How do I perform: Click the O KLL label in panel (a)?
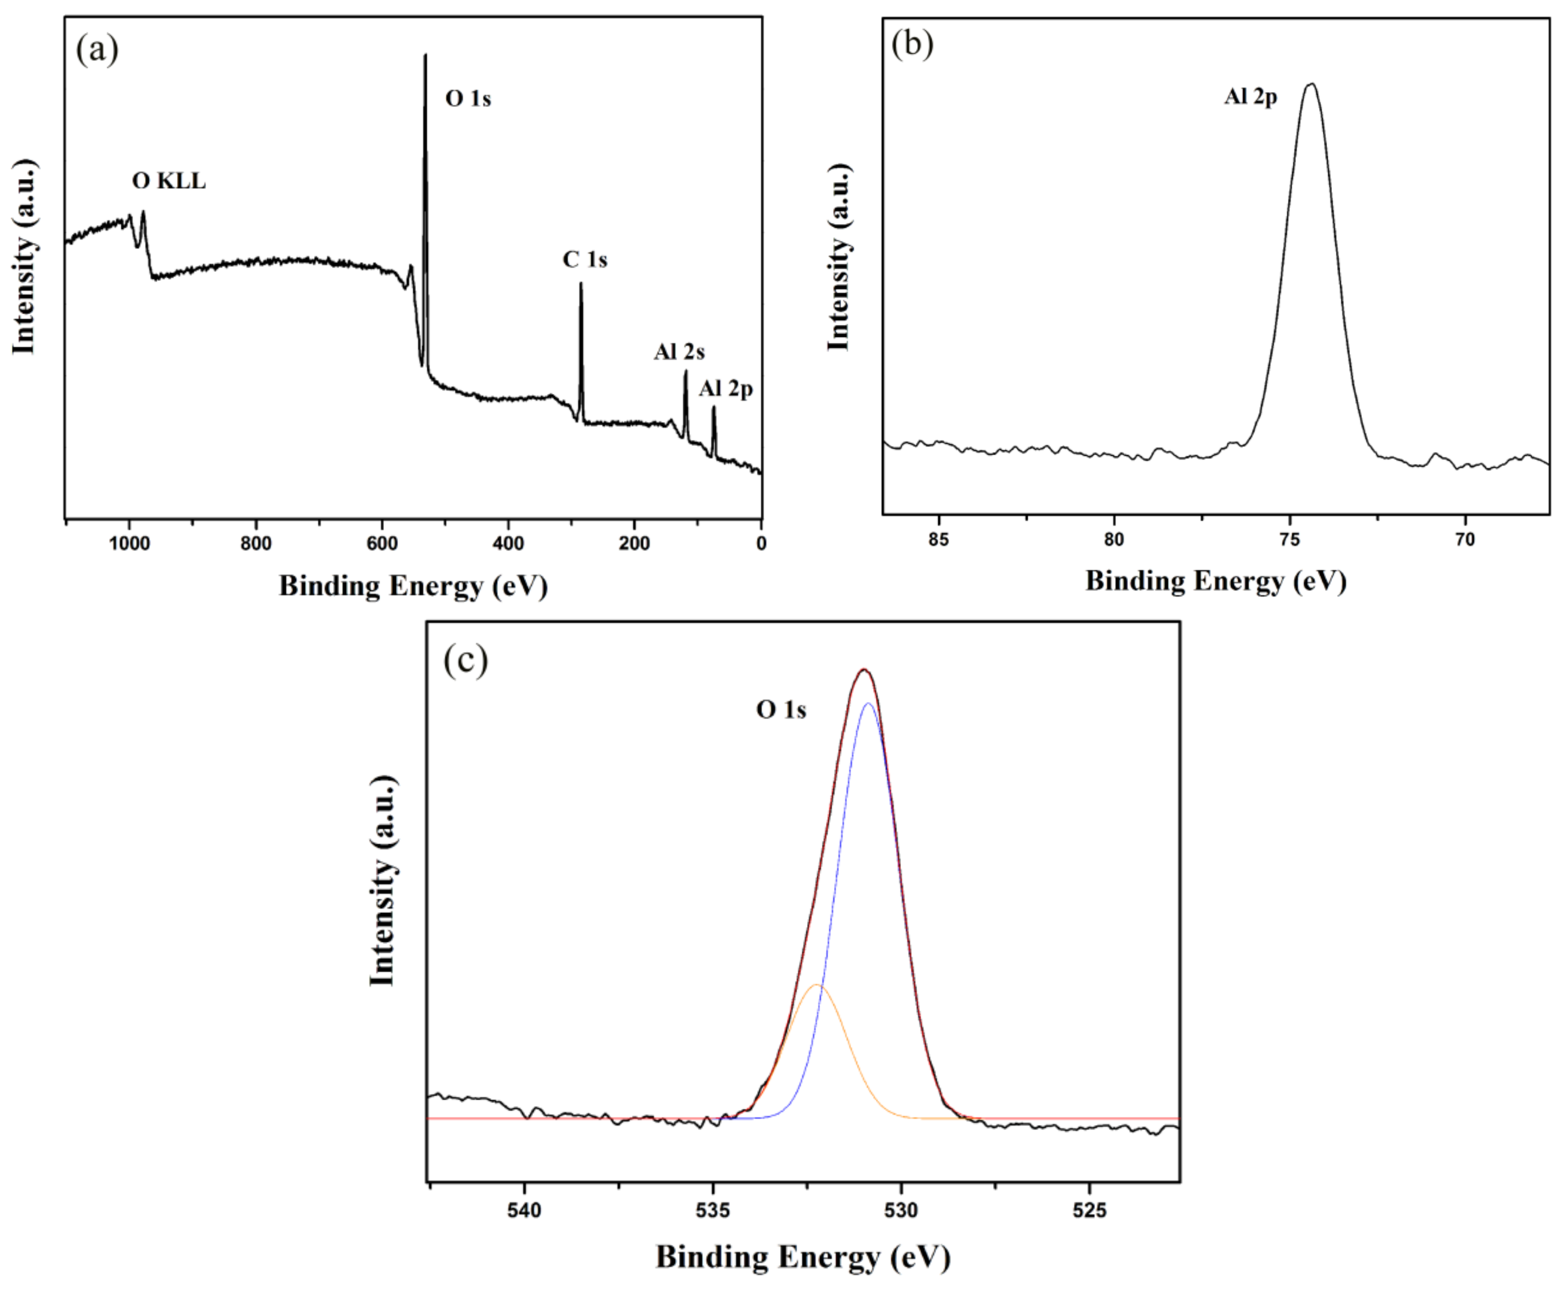pyautogui.click(x=169, y=181)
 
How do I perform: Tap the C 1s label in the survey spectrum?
pyautogui.click(x=585, y=260)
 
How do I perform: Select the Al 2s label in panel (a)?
pyautogui.click(x=679, y=352)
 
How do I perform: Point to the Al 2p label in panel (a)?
pyautogui.click(x=725, y=388)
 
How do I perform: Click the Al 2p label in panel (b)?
pyautogui.click(x=1251, y=97)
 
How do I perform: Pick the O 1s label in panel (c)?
pyautogui.click(x=781, y=710)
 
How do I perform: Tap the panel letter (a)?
pyautogui.click(x=97, y=50)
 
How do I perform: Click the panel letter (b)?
pyautogui.click(x=912, y=44)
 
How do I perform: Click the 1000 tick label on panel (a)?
pyautogui.click(x=129, y=544)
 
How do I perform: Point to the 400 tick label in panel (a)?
pyautogui.click(x=508, y=544)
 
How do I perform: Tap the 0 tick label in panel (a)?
pyautogui.click(x=761, y=544)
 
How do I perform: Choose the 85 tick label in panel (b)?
pyautogui.click(x=939, y=540)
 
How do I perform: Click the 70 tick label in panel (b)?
pyautogui.click(x=1465, y=540)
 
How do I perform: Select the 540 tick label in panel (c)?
pyautogui.click(x=525, y=1211)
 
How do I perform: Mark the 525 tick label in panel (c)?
pyautogui.click(x=1090, y=1211)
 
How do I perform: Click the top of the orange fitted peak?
pyautogui.click(x=817, y=985)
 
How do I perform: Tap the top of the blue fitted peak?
pyautogui.click(x=868, y=703)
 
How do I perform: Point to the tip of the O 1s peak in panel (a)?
pyautogui.click(x=425, y=55)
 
